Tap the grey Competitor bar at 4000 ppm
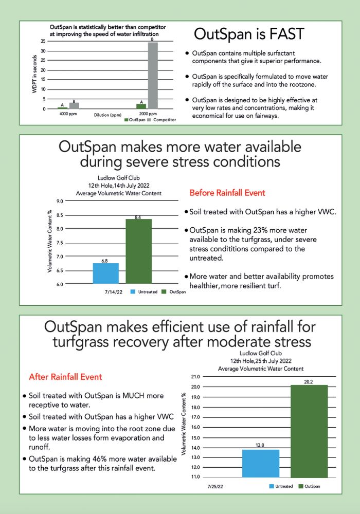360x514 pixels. pos(74,105)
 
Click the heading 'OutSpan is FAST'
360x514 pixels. pos(249,34)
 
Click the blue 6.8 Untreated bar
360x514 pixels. pos(106,273)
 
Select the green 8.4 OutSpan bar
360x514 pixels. pos(138,251)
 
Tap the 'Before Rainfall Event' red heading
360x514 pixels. pos(227,193)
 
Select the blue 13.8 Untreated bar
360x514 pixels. pos(260,463)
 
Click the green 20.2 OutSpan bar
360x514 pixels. pos(309,431)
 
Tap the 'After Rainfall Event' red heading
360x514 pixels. pos(65,377)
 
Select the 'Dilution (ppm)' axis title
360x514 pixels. pos(107,115)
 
